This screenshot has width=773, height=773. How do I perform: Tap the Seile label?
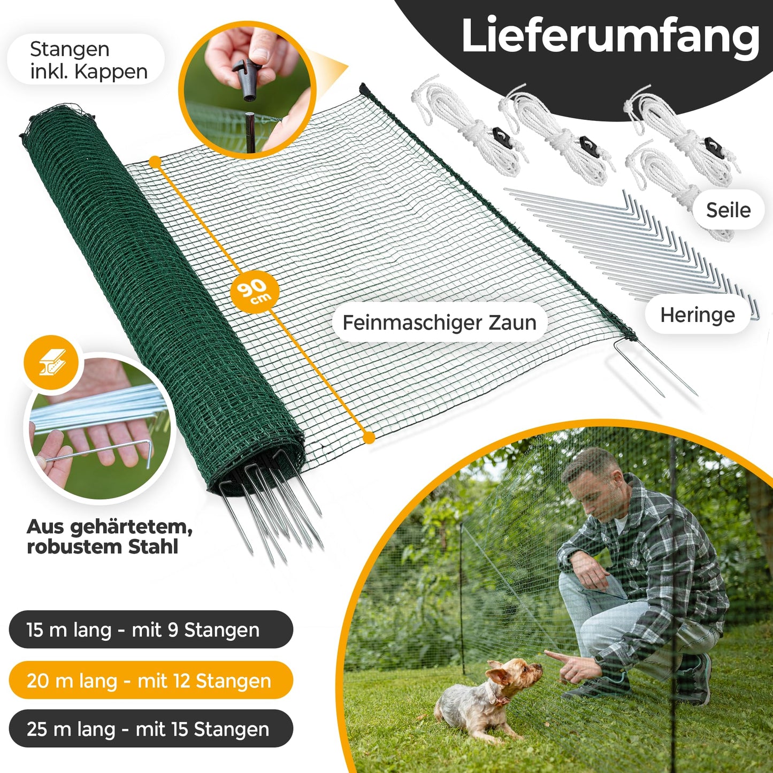(728, 210)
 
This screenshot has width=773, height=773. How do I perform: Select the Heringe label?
(697, 315)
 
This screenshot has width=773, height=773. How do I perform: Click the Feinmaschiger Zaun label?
(439, 322)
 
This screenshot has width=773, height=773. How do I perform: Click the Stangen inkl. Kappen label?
(89, 60)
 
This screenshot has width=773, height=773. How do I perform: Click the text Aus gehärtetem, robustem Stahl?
(110, 537)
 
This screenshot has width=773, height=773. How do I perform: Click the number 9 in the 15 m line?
(173, 630)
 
